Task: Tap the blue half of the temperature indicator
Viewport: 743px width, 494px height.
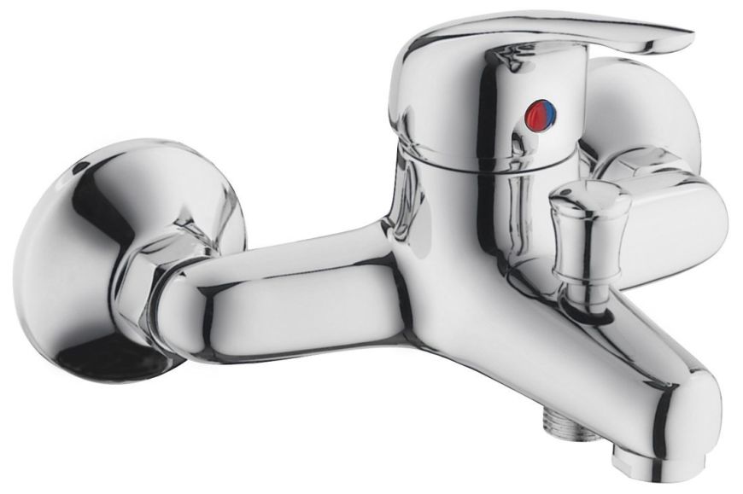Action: [x=548, y=110]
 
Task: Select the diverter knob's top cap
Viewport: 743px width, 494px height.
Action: [x=589, y=195]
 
